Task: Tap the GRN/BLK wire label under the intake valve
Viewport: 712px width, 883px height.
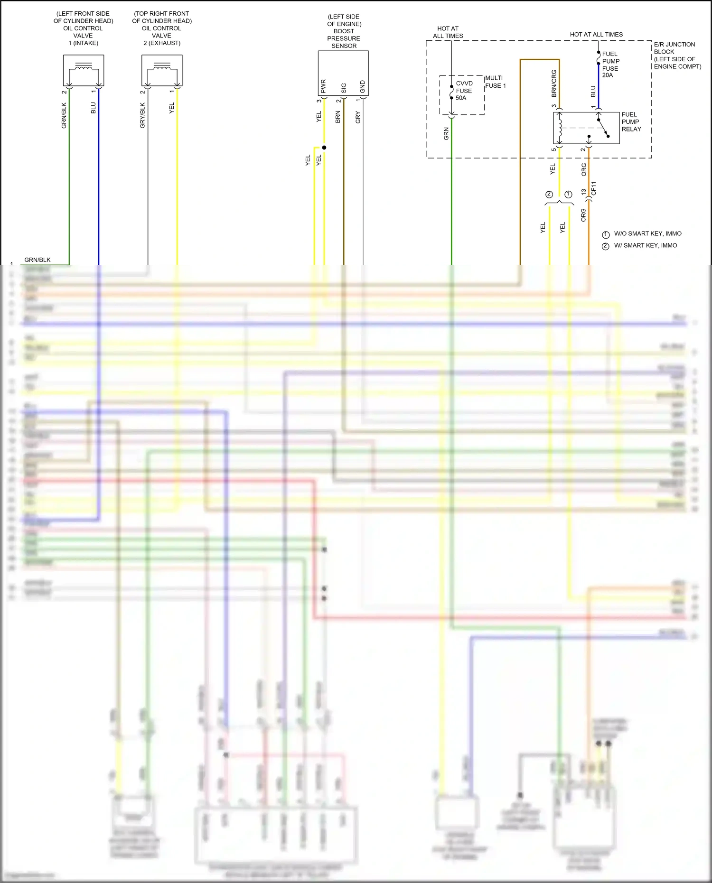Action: pyautogui.click(x=64, y=116)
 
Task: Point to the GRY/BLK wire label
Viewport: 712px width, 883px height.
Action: pyautogui.click(x=142, y=116)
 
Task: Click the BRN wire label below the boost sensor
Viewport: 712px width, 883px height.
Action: pyautogui.click(x=338, y=117)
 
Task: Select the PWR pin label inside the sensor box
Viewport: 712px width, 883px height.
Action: pyautogui.click(x=323, y=86)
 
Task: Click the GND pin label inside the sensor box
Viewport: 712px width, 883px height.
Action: pyautogui.click(x=363, y=87)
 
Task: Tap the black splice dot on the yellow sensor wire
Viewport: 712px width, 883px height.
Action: pyautogui.click(x=324, y=148)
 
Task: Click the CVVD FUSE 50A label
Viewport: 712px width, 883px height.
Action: pyautogui.click(x=464, y=91)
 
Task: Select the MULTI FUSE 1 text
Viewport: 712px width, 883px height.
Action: pyautogui.click(x=495, y=82)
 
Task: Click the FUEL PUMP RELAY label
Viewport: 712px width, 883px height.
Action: pyautogui.click(x=631, y=122)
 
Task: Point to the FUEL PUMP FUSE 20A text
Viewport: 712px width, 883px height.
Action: pyautogui.click(x=610, y=65)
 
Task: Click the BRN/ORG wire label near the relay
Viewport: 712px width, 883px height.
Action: pyautogui.click(x=554, y=84)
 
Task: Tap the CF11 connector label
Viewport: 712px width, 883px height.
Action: pyautogui.click(x=594, y=188)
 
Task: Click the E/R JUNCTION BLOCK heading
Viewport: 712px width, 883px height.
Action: pyautogui.click(x=674, y=48)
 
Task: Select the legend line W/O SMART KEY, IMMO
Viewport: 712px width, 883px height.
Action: pyautogui.click(x=647, y=234)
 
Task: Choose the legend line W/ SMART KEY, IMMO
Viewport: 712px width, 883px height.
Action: pyautogui.click(x=645, y=246)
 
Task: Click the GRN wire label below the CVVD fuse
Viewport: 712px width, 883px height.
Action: pyautogui.click(x=446, y=134)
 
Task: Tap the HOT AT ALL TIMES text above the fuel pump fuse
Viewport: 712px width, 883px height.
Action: pyautogui.click(x=596, y=35)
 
